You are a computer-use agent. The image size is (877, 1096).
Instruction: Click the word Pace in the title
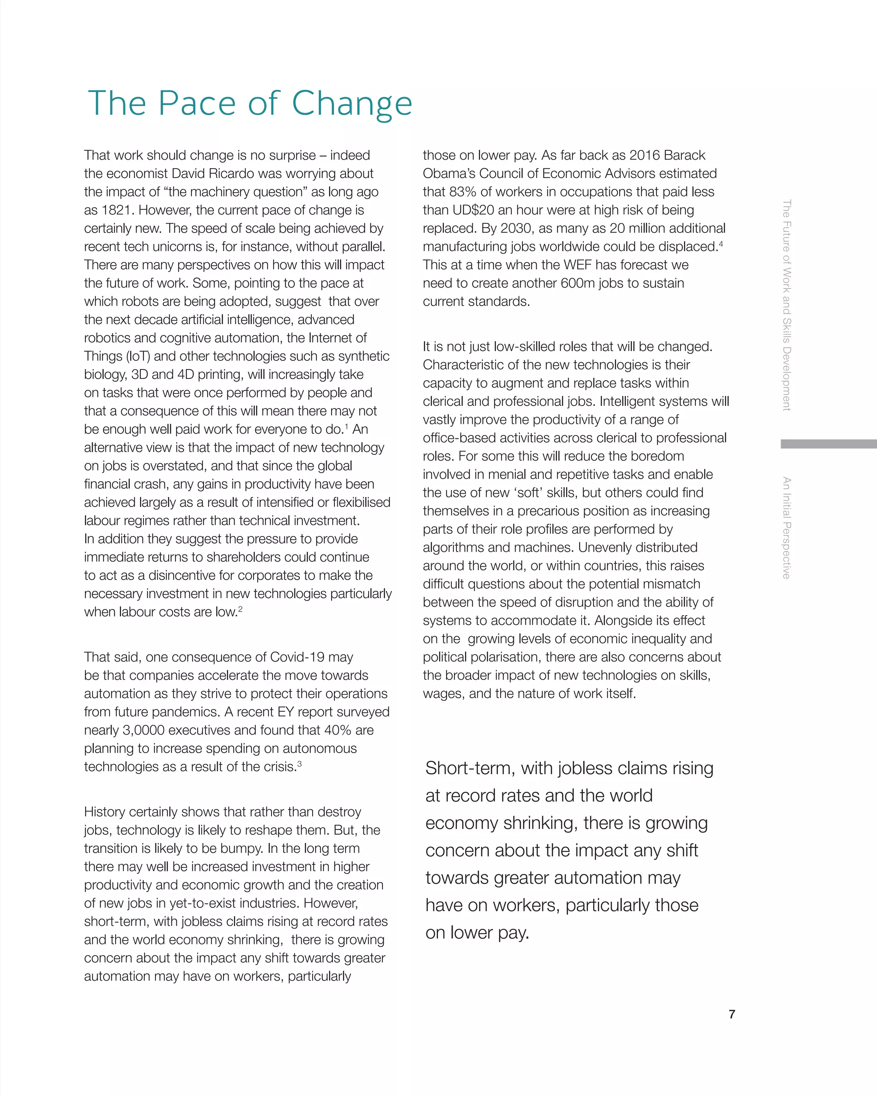[197, 103]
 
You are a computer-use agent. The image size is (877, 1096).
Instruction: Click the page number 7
[731, 1014]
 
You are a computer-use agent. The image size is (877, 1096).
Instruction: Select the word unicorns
[168, 247]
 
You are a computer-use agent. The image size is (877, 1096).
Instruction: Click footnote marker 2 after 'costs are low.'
[241, 609]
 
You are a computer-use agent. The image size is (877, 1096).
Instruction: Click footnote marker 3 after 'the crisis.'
[299, 763]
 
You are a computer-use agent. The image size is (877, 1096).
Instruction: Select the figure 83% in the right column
[463, 192]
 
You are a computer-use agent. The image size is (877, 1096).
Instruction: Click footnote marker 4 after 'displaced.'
[721, 244]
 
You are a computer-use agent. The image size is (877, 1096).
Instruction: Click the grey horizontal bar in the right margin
[828, 444]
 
